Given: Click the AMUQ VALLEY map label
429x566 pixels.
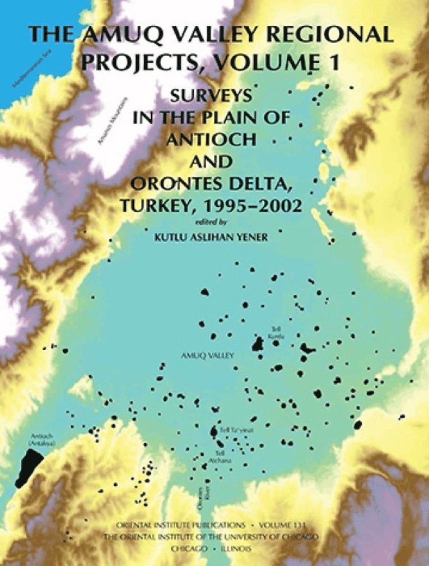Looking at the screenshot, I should pos(199,355).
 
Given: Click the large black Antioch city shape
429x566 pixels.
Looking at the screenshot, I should pos(29,467).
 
